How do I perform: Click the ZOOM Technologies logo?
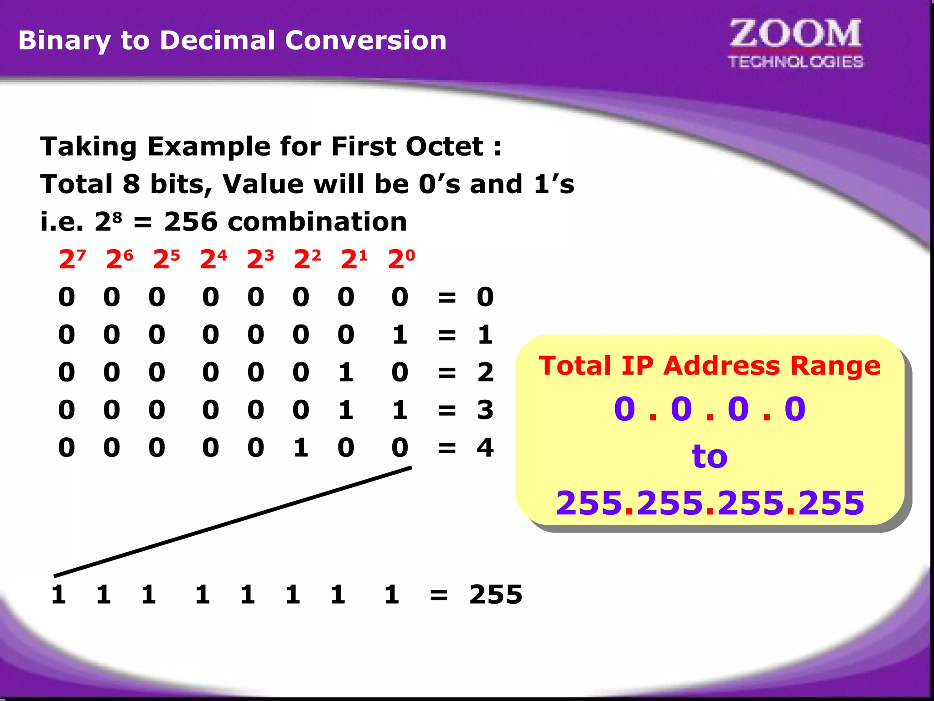(x=795, y=43)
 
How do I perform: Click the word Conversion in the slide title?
(x=366, y=40)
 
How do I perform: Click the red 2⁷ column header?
(x=72, y=259)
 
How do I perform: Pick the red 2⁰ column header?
(x=401, y=259)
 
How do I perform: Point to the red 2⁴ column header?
(x=213, y=259)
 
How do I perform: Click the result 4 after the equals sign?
(x=485, y=447)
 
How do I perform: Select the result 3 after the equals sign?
(x=485, y=410)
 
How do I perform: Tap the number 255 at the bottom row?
(x=496, y=595)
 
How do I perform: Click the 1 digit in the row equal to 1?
(x=400, y=335)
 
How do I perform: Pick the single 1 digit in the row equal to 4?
(x=301, y=447)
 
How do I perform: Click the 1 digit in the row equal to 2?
(x=346, y=372)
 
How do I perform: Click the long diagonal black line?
(x=233, y=522)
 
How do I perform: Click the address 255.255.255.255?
(x=710, y=503)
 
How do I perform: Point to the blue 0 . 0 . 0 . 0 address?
(x=710, y=408)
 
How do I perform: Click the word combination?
(x=317, y=222)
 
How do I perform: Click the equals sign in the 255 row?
(x=439, y=595)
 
